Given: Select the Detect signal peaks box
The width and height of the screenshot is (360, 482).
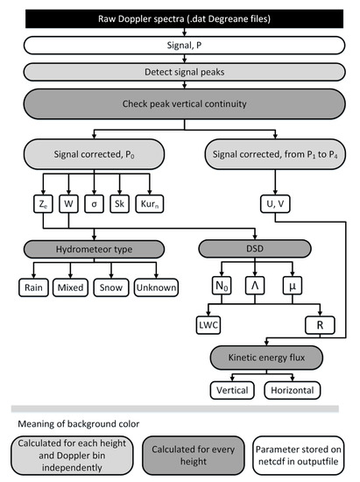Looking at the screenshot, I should coord(180,68).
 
